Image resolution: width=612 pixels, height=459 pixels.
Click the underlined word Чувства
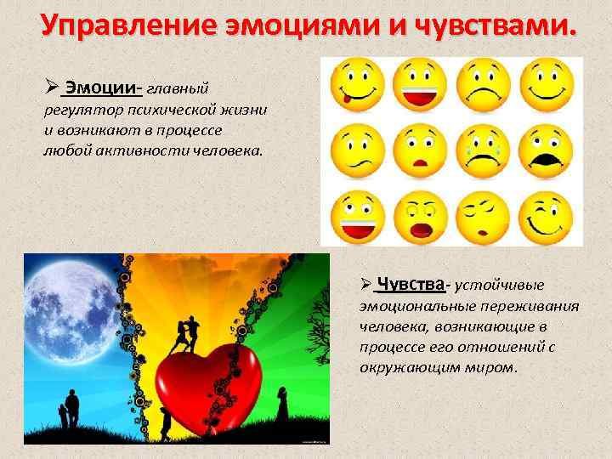(x=411, y=283)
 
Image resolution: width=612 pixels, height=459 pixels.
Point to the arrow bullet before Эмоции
(x=51, y=88)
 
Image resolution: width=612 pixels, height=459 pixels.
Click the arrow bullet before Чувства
(x=364, y=284)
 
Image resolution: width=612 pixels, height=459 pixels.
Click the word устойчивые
(x=506, y=285)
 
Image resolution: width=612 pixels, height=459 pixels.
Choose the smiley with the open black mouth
(x=544, y=146)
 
